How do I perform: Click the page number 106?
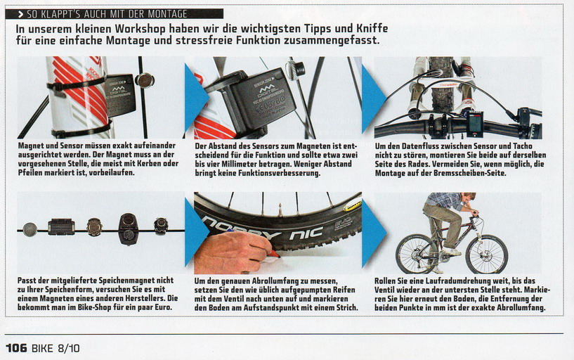16,347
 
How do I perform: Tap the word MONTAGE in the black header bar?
167,14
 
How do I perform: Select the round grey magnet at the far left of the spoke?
30,230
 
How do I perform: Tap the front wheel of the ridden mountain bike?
486,254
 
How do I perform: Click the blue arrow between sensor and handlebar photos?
374,98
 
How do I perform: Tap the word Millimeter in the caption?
238,164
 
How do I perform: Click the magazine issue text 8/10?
68,348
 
